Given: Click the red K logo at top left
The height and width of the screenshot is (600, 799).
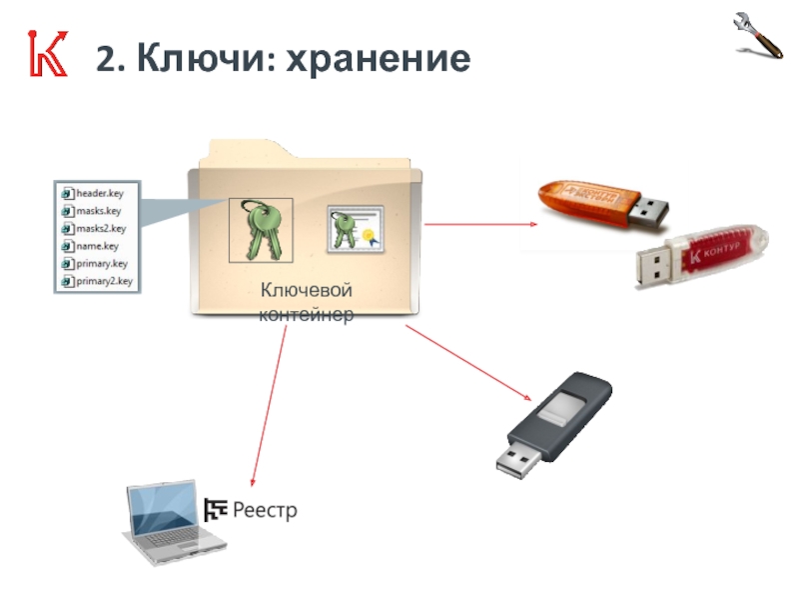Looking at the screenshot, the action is pos(46,56).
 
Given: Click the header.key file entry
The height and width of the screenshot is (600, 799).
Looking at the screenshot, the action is pos(97,193).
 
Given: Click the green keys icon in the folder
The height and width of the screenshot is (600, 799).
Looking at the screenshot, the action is pos(260,229).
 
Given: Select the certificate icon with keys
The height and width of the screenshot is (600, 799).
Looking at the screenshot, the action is pos(355,230).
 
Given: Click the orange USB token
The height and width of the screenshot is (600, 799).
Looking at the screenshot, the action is pos(599,204).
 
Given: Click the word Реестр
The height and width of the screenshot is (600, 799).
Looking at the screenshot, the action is pos(266,511).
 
